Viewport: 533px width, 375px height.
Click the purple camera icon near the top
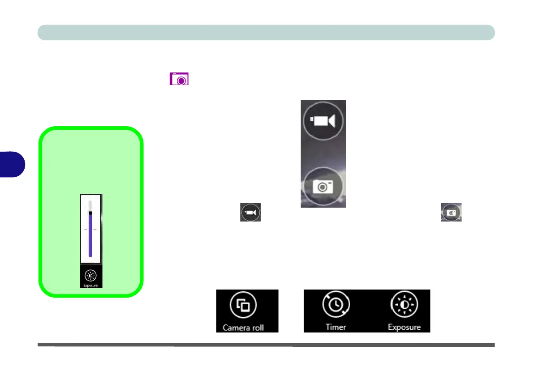click(x=179, y=79)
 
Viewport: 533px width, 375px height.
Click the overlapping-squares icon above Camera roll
click(x=243, y=306)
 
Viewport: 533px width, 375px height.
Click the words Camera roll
click(x=243, y=328)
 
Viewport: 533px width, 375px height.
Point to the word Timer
click(x=336, y=327)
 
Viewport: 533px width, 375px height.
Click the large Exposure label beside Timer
click(x=404, y=327)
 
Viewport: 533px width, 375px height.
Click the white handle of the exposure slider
click(x=90, y=205)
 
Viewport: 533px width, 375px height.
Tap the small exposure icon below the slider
click(x=90, y=276)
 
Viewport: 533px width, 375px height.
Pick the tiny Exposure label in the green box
click(x=90, y=285)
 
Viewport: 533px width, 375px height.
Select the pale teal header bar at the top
click(x=266, y=33)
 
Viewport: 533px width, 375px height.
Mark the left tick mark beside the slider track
click(x=86, y=229)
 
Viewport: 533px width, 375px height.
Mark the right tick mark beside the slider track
click(x=95, y=229)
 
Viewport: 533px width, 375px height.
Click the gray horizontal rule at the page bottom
click(x=266, y=345)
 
